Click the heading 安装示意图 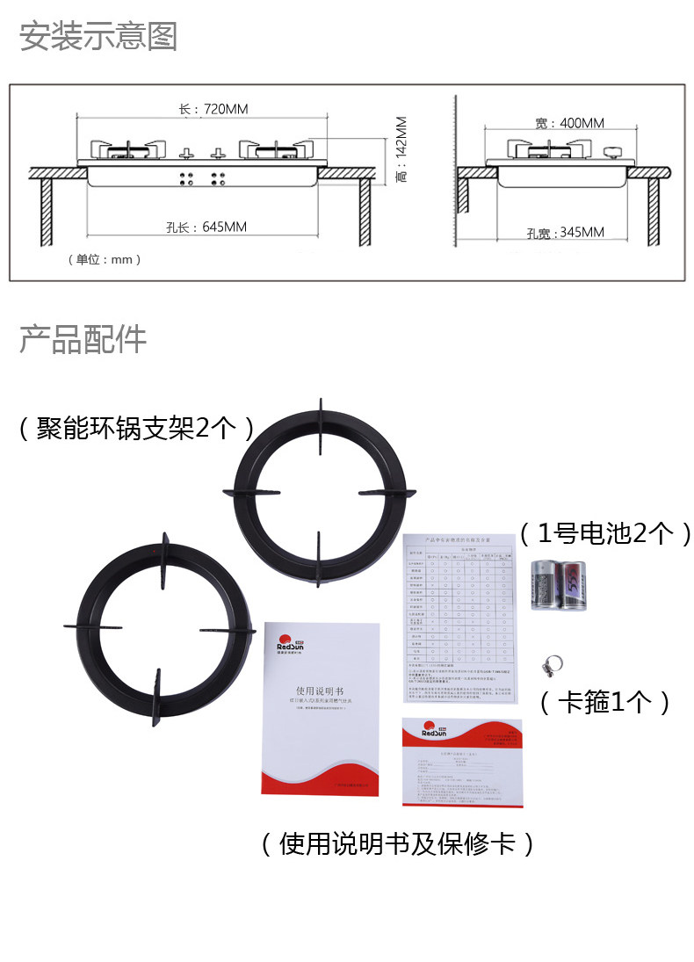pyautogui.click(x=98, y=37)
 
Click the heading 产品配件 pyautogui.click(x=83, y=339)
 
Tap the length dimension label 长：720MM pyautogui.click(x=213, y=110)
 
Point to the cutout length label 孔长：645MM pyautogui.click(x=206, y=228)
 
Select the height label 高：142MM pyautogui.click(x=401, y=149)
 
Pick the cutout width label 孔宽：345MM pyautogui.click(x=566, y=233)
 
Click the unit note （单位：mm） pyautogui.click(x=104, y=260)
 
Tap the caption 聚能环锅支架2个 pyautogui.click(x=137, y=428)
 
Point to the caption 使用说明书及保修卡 pyautogui.click(x=397, y=844)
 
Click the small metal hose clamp pyautogui.click(x=552, y=668)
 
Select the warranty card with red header pyautogui.click(x=461, y=761)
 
